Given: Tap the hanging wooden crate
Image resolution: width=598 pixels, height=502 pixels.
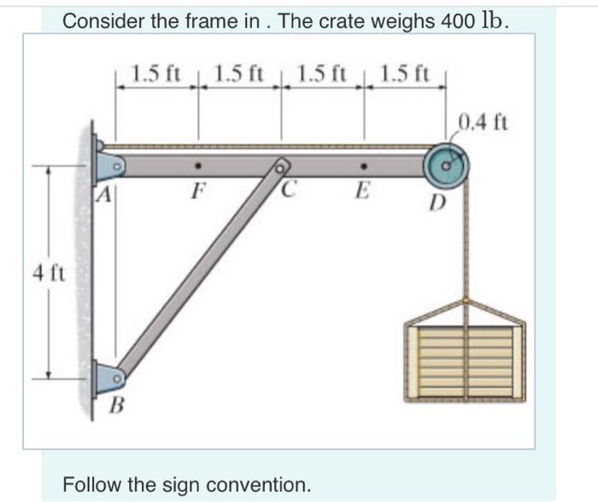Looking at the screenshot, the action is tap(464, 354).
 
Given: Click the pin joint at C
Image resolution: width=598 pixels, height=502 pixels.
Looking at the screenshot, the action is tap(279, 166).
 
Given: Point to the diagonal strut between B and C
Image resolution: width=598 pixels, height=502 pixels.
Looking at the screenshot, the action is tap(196, 271).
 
